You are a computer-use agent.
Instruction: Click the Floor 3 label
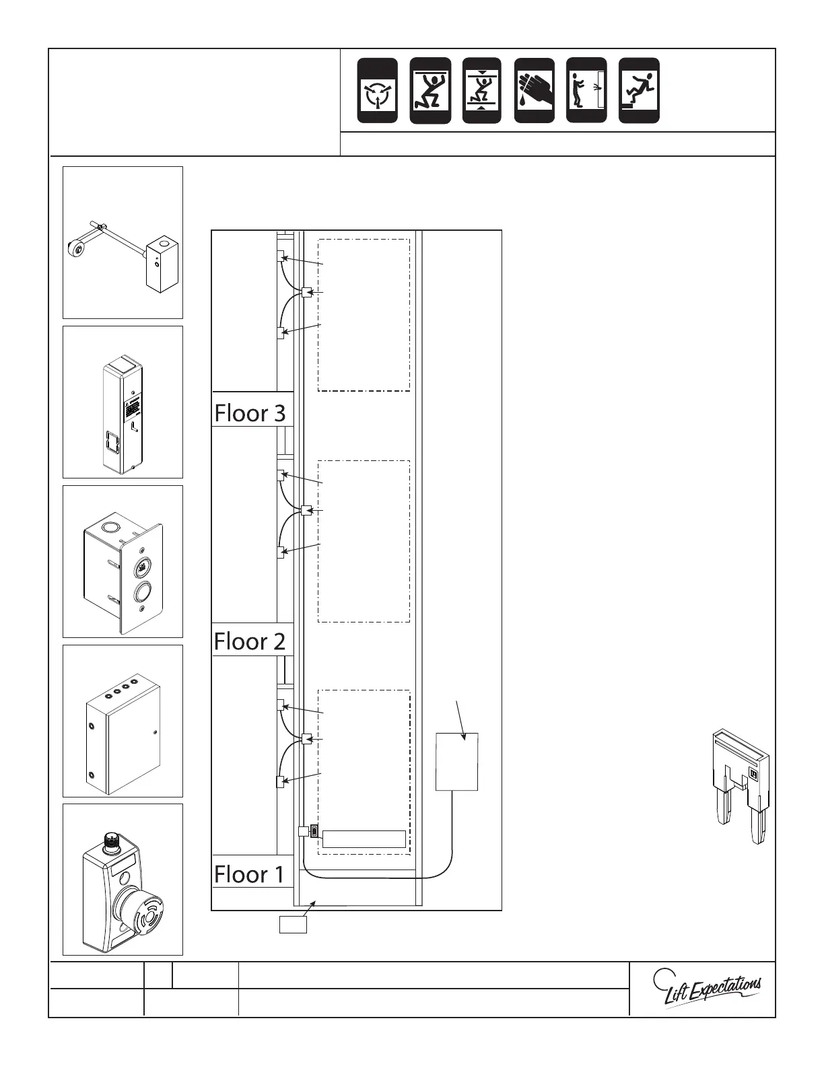pos(250,413)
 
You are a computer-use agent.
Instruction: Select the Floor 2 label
pos(250,641)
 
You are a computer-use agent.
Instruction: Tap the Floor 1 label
pos(250,874)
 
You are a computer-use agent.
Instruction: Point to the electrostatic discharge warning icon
pos(377,92)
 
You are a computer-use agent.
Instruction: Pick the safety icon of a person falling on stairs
pos(639,92)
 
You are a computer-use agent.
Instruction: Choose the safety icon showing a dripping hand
pos(535,92)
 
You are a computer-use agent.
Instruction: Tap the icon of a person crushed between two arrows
pos(482,92)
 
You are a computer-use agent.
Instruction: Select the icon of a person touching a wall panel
pos(586,92)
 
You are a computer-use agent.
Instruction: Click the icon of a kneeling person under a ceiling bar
pos(430,92)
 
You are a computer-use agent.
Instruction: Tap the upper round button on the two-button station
pos(142,568)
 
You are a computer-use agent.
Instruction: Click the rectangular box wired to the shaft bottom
pos(457,761)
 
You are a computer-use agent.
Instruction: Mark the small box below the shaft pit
pos(294,925)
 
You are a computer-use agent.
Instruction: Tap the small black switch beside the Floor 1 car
pos(314,831)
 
